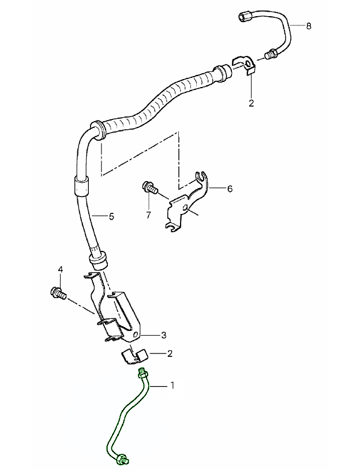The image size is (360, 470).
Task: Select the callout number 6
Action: coord(230,189)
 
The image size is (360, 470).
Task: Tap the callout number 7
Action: coord(148,215)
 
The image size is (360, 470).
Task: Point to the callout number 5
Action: coord(111,217)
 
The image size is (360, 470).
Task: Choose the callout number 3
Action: coord(164,335)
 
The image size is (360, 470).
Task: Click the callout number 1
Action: coord(171,385)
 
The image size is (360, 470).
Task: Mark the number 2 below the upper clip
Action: coord(251,103)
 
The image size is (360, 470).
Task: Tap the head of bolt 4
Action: coord(56,292)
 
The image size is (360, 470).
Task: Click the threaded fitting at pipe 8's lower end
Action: coord(271,55)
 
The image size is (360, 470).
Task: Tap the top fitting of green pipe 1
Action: coord(142,373)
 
